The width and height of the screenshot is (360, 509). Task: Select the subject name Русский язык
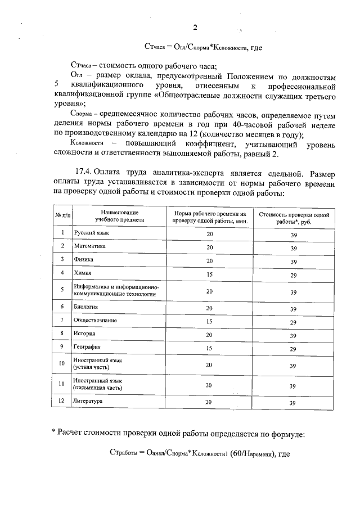point(92,232)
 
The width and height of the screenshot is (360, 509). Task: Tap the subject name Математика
point(89,246)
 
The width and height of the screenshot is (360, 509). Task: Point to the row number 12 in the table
point(62,402)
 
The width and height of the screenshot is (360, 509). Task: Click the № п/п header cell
point(62,217)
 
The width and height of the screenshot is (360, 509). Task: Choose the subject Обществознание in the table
point(95,320)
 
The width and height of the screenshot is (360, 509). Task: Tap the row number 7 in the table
point(62,319)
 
